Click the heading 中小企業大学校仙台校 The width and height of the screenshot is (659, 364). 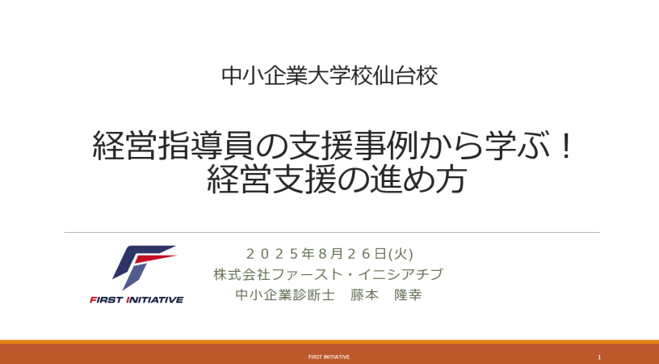click(x=329, y=76)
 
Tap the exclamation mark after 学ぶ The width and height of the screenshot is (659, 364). click(x=567, y=145)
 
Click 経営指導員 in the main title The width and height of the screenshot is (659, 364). click(x=172, y=146)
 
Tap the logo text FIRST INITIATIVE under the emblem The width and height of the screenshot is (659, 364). click(x=136, y=299)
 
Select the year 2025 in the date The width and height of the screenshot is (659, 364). click(x=272, y=254)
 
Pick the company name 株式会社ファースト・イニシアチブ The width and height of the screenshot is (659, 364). click(x=328, y=274)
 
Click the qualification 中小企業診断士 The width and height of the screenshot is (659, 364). click(x=285, y=295)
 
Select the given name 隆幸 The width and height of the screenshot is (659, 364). click(x=408, y=295)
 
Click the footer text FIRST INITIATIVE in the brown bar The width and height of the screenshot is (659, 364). click(x=329, y=357)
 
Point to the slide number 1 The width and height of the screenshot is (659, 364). click(x=599, y=358)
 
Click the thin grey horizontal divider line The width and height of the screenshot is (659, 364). click(x=332, y=232)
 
